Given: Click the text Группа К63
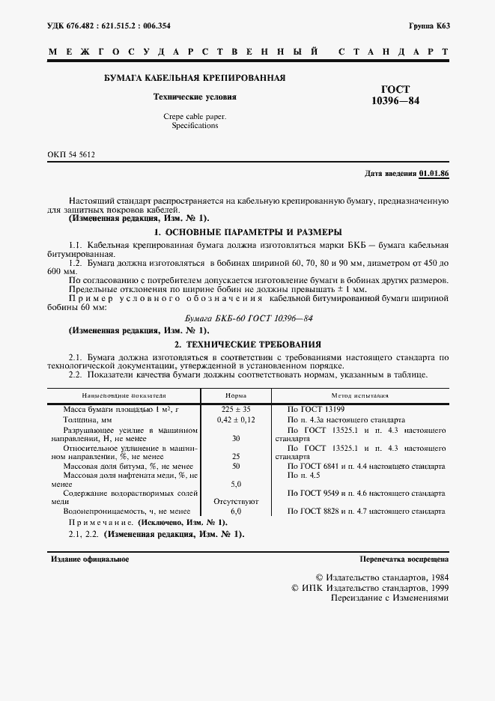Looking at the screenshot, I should tap(429, 25).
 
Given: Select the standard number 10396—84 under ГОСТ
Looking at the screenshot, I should tap(395, 100).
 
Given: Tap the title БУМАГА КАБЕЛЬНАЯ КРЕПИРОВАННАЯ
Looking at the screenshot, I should tap(194, 78).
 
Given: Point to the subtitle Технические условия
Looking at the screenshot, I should tap(194, 97).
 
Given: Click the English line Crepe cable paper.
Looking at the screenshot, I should tap(194, 116).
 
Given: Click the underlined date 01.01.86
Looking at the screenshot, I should tap(434, 174).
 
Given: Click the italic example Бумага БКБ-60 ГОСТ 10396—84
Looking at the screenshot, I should tap(248, 318).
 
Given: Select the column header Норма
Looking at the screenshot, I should tap(237, 395).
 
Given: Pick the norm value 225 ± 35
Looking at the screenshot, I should tap(237, 409).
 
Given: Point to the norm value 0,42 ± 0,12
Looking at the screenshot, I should tap(237, 420).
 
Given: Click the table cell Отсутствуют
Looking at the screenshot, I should tap(237, 500).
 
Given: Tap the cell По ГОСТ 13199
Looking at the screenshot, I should tap(315, 409).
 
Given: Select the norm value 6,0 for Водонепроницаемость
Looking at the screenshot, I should tap(237, 511).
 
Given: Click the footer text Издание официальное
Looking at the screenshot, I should tap(90, 559).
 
